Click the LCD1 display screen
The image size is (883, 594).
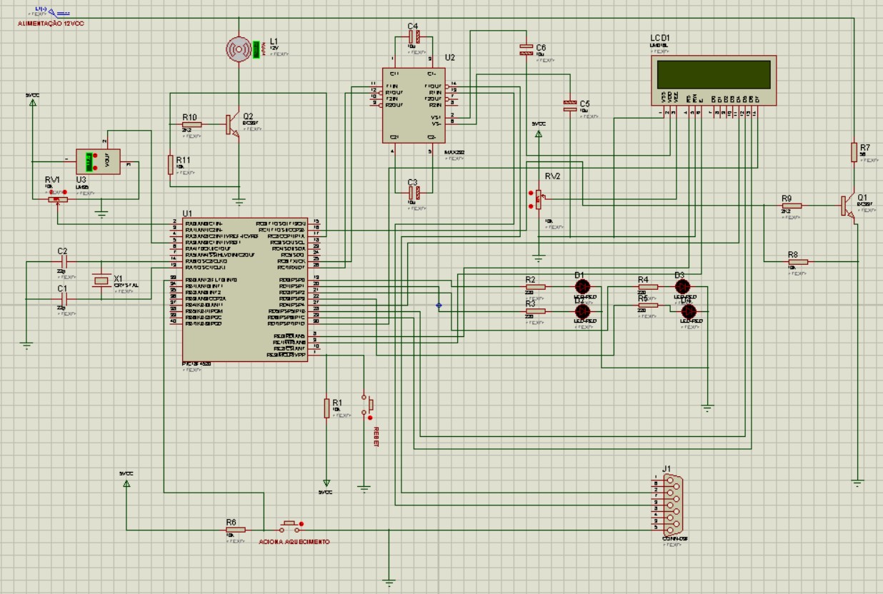point(714,74)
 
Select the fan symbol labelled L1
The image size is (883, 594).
point(240,49)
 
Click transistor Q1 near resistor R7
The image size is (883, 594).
point(848,206)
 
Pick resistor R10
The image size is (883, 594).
point(191,124)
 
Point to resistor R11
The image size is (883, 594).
point(171,164)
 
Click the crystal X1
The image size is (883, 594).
point(101,281)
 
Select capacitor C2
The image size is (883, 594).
point(63,262)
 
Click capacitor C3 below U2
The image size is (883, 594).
point(414,191)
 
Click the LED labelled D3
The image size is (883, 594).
point(681,286)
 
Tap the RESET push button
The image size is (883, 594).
point(369,406)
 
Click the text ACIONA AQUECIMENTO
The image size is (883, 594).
point(294,542)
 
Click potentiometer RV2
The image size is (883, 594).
point(538,200)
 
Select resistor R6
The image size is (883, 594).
point(235,529)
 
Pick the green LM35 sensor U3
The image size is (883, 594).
point(92,161)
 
